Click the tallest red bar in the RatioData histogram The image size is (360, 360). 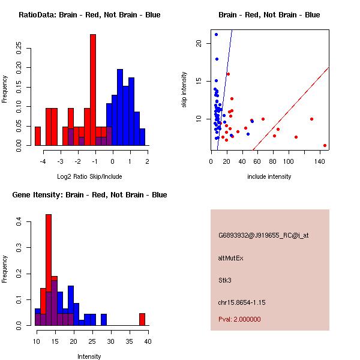tap(93, 90)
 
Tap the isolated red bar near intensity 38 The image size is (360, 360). tap(142, 319)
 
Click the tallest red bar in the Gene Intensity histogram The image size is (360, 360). tap(49, 270)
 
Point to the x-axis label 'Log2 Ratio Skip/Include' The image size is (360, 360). tap(88, 176)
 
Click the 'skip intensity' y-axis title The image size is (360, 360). tap(184, 89)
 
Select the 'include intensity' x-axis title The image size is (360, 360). tap(269, 176)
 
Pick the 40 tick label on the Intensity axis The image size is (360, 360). tap(148, 341)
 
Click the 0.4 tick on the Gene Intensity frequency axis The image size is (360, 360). tap(19, 223)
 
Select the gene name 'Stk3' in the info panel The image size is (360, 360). tap(225, 280)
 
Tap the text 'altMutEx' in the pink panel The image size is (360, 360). tap(231, 258)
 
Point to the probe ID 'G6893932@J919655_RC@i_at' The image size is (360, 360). tap(263, 235)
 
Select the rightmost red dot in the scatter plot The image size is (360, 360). tap(325, 145)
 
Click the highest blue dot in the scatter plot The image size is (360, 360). tap(216, 34)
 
